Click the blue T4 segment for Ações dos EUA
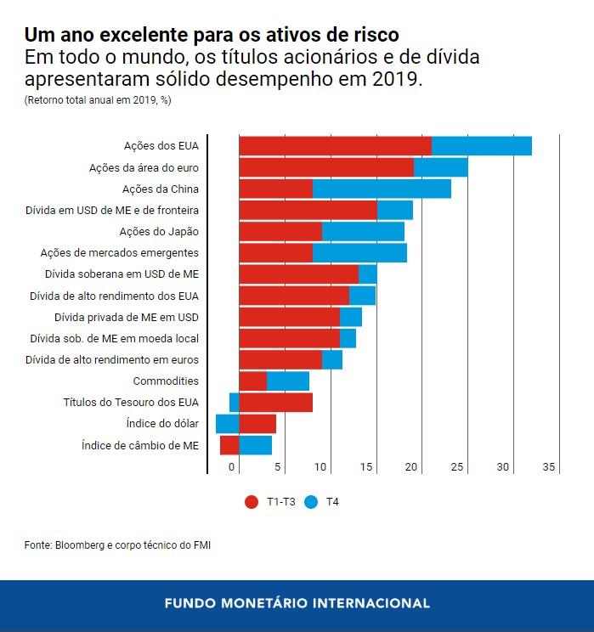(x=481, y=145)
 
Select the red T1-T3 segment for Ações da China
(x=275, y=189)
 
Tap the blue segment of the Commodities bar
(x=287, y=381)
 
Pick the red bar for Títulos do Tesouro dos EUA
(x=275, y=403)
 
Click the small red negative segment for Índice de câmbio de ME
(x=229, y=445)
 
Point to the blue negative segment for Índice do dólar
(x=227, y=424)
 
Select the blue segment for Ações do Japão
(x=363, y=231)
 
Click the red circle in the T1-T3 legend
(x=251, y=502)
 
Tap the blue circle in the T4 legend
(x=311, y=502)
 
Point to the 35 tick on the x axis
(x=549, y=467)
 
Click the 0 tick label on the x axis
(x=231, y=467)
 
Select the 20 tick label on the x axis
(x=412, y=467)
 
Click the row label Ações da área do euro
(x=144, y=167)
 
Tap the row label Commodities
(x=166, y=381)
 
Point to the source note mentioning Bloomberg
(x=117, y=545)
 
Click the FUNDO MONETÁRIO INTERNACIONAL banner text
(x=297, y=603)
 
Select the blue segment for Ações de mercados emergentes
(x=359, y=252)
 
